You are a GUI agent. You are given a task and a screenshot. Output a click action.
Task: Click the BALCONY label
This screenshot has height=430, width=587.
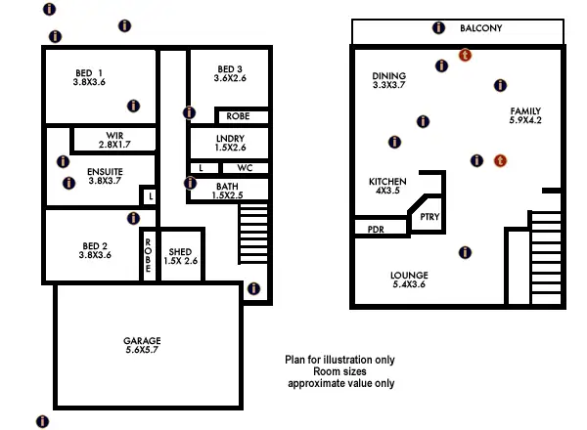(480, 29)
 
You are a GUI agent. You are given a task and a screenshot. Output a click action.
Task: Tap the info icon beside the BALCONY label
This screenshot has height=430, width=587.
(438, 28)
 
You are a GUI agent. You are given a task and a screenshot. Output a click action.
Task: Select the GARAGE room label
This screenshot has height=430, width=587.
(142, 341)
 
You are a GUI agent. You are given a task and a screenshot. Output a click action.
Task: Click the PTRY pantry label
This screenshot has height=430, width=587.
(429, 218)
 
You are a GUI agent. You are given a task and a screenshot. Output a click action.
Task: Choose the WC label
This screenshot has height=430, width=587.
(245, 167)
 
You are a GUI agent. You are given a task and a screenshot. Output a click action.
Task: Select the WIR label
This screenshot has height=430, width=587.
(113, 136)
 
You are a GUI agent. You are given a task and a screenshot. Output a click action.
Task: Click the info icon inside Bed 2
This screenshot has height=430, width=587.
(134, 218)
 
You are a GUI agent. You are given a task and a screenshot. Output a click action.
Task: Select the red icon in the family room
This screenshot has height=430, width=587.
(500, 160)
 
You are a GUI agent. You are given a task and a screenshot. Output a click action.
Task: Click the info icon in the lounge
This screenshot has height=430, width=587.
(464, 252)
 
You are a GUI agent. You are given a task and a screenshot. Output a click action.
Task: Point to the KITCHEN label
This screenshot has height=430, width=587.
(387, 182)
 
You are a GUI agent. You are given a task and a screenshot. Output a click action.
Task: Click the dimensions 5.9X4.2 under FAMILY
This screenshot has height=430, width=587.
(525, 121)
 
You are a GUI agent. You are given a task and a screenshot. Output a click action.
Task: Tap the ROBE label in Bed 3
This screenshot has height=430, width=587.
(237, 116)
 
